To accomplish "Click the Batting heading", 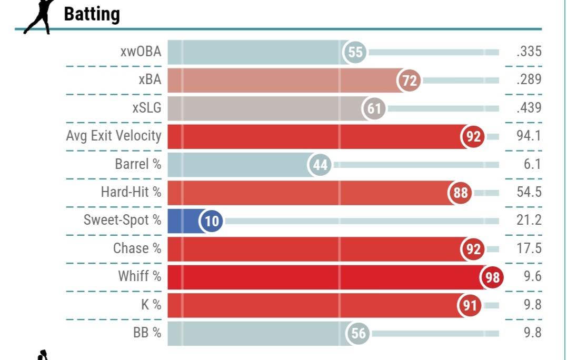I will (92, 14).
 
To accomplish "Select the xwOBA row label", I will (140, 52).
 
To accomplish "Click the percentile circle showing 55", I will (355, 52).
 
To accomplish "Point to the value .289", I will (529, 80).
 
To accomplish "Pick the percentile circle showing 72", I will (409, 81).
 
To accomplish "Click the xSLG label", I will (147, 108).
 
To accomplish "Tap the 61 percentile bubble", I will (374, 108).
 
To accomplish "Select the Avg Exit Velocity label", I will (114, 136).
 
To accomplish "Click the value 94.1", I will (529, 136).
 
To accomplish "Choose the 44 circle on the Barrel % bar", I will (320, 165).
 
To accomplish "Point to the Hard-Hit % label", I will (131, 192).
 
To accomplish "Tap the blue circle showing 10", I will (211, 221).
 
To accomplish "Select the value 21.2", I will (529, 220).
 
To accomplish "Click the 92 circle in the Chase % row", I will (473, 249).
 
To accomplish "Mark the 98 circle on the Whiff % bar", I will (492, 277).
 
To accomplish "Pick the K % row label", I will (151, 305).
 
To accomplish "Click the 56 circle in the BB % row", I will (358, 333).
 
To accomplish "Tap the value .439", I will (529, 108).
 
